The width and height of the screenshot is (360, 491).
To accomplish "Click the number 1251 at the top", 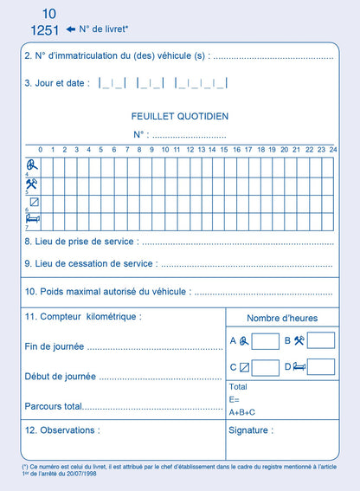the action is coord(44,30).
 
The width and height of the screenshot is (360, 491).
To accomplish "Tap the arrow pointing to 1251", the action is coord(70,29).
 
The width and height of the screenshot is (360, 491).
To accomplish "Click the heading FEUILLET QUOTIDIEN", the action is coord(180,116).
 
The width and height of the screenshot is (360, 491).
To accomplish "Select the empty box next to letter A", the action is coord(266,340).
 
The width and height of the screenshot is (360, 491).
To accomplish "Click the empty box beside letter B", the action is coord(320,340).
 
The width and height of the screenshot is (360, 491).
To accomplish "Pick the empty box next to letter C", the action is coord(266,367).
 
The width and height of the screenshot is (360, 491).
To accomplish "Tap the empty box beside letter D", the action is coord(320,367).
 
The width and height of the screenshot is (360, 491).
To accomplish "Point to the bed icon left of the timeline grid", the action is coord(32,220).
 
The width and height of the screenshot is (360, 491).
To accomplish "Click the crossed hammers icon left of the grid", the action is coord(32,184).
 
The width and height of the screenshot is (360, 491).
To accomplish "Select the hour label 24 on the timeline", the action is coord(332,150).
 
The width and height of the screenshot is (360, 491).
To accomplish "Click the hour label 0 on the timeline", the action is coord(40,150).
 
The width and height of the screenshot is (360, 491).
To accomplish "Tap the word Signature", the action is coord(252,430).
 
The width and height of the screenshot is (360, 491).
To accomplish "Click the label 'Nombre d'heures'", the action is coord(282,318).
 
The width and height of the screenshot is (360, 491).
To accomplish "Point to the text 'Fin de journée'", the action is coord(55,346).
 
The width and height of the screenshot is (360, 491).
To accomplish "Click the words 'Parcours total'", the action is coord(54,405).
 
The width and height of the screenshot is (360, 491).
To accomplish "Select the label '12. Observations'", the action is coord(62,430).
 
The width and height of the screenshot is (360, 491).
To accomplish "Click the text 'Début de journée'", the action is coord(61,376).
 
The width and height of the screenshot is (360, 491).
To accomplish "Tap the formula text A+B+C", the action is coord(242,412).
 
